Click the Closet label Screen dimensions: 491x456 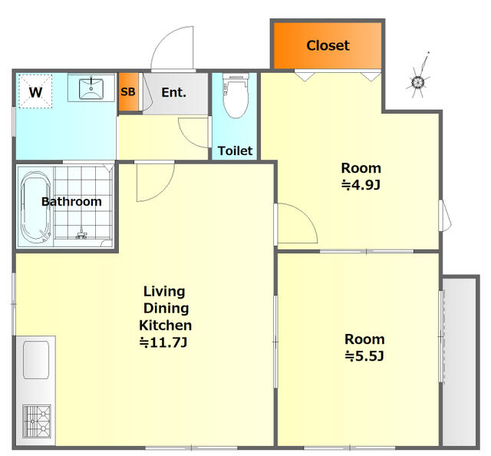(x=328, y=45)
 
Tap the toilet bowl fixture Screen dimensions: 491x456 (x=236, y=96)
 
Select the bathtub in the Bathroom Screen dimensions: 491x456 (x=35, y=207)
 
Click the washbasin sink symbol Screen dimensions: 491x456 (x=91, y=89)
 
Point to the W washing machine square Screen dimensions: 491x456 (x=35, y=91)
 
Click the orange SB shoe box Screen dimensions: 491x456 (x=128, y=92)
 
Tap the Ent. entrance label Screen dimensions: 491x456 (x=174, y=92)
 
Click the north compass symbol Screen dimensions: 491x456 (x=418, y=78)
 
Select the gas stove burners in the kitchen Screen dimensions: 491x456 (x=37, y=421)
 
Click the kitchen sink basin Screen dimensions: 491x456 (x=36, y=360)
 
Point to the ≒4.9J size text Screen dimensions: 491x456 (x=361, y=185)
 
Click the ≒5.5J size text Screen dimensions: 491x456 (x=364, y=356)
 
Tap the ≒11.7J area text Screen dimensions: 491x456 (x=163, y=342)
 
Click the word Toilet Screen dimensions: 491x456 (x=236, y=150)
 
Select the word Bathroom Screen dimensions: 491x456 (x=71, y=202)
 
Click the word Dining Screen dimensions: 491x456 (x=166, y=309)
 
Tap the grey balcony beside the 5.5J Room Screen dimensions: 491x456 (x=460, y=361)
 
